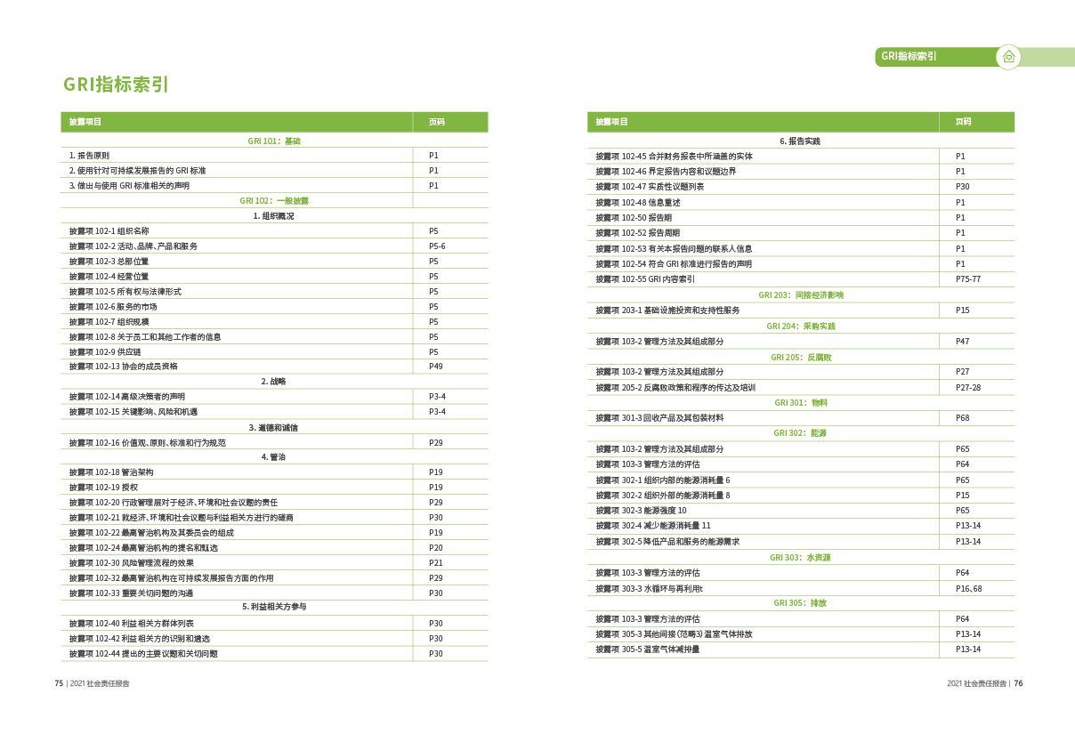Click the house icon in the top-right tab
click(x=1008, y=57)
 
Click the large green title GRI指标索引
click(x=116, y=85)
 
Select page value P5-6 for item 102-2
click(x=437, y=246)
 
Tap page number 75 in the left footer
click(x=59, y=684)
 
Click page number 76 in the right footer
click(x=1019, y=684)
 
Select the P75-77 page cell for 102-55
click(x=967, y=279)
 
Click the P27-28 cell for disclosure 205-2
click(x=967, y=388)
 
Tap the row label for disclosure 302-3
click(x=641, y=511)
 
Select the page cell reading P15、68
click(x=967, y=588)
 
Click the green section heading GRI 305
click(x=800, y=603)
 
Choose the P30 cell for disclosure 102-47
click(x=962, y=187)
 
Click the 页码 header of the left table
click(x=436, y=122)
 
